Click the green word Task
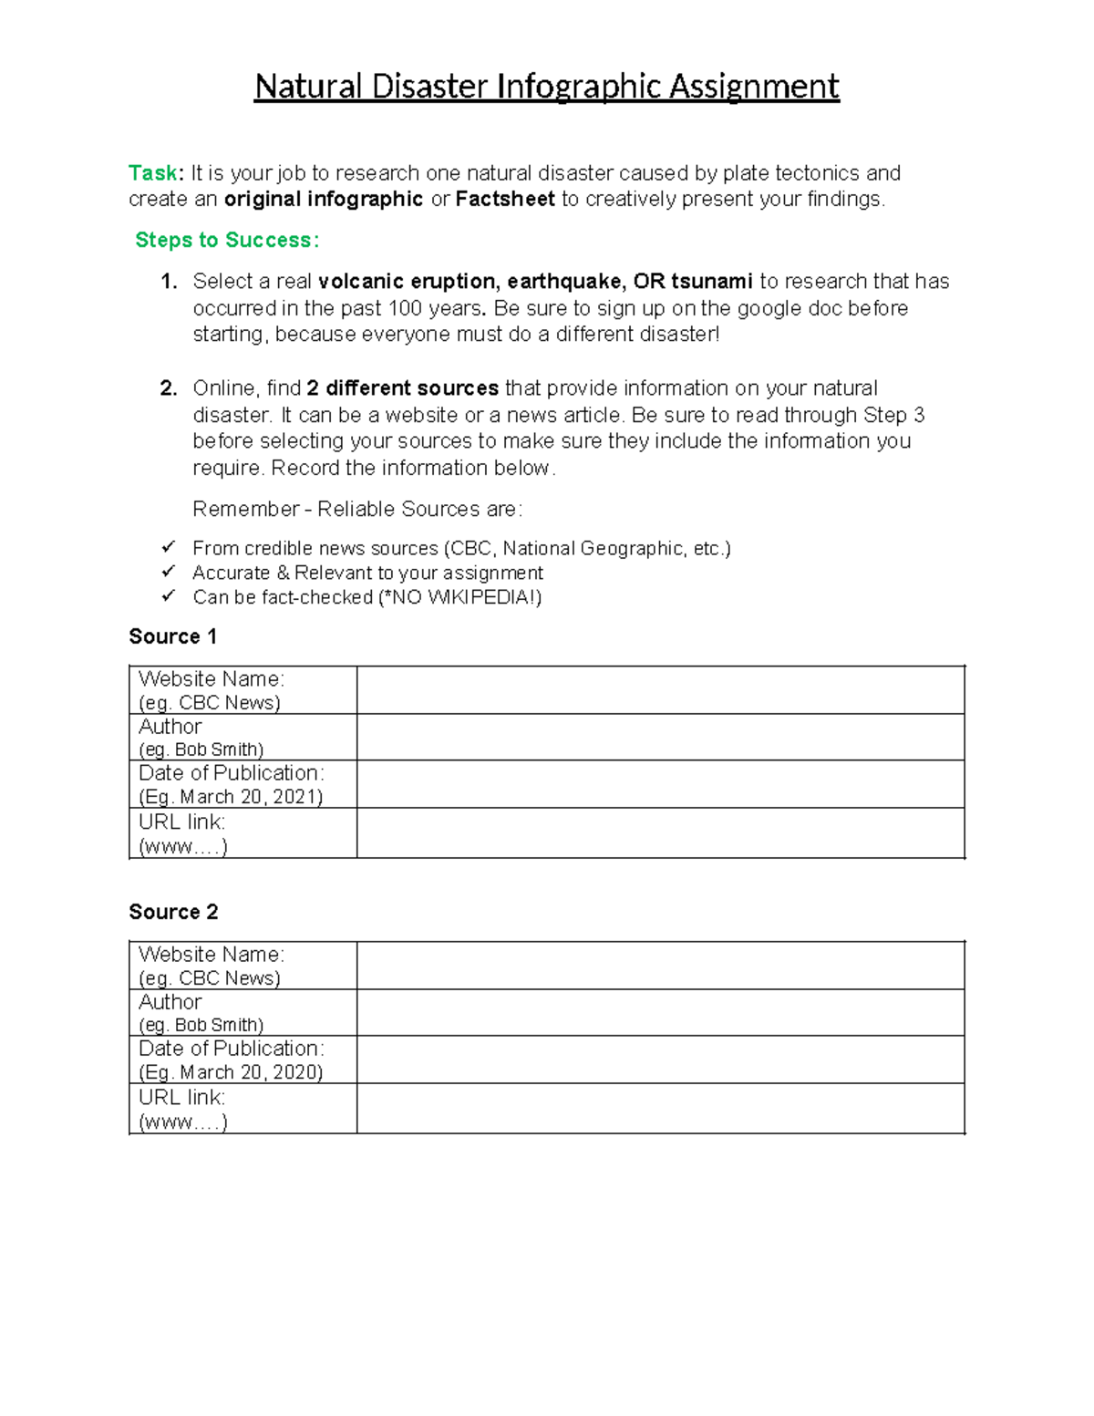(x=153, y=173)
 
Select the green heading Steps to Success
(x=226, y=240)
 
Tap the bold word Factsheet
(x=505, y=199)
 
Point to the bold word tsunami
(x=712, y=281)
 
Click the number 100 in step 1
(x=406, y=308)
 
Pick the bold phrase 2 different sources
(x=403, y=388)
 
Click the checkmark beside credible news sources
(x=168, y=547)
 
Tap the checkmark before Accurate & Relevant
(x=168, y=572)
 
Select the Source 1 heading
(x=173, y=636)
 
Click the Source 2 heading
(x=173, y=912)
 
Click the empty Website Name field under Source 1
(x=660, y=690)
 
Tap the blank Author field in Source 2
(x=660, y=1012)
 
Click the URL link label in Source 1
(x=181, y=822)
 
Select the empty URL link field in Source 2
(x=660, y=1109)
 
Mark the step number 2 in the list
(x=168, y=388)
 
